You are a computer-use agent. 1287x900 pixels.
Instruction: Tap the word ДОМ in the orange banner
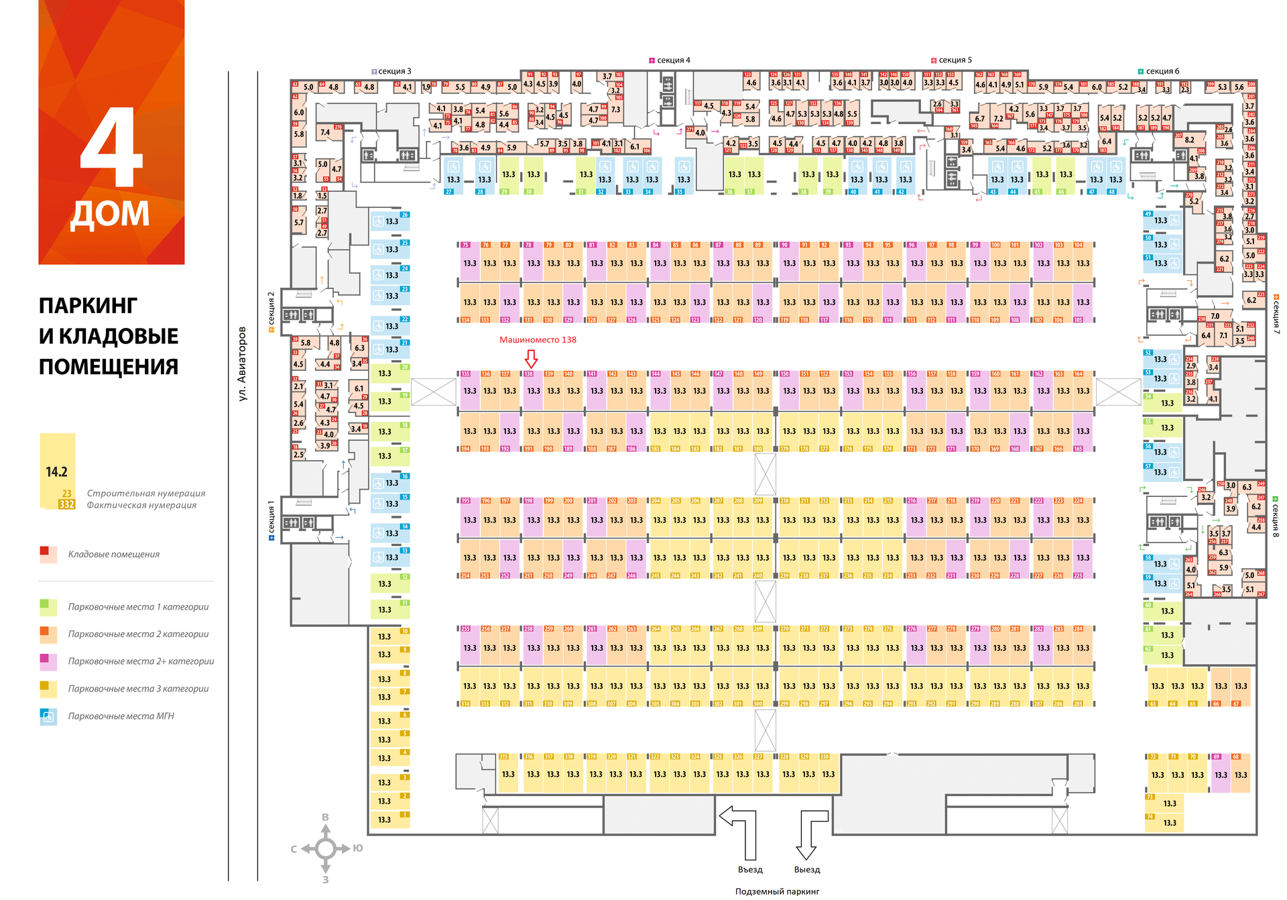tap(110, 214)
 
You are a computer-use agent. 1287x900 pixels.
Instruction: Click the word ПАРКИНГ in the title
tap(88, 306)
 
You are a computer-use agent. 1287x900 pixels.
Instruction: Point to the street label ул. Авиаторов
tap(242, 363)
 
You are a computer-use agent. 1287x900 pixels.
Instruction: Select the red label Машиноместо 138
tap(538, 340)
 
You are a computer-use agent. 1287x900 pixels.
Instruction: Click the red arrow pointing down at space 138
tap(531, 357)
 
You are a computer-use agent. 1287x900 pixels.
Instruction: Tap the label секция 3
tap(394, 71)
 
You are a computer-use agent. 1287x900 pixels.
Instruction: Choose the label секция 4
tap(673, 60)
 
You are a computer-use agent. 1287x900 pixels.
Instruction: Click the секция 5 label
tap(955, 60)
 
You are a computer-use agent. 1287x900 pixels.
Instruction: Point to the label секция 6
tap(1162, 71)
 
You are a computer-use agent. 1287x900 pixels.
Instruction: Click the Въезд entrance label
tap(750, 870)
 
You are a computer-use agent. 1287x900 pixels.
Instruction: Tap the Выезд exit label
tap(807, 870)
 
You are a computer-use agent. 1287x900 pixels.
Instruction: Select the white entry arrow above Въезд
tap(741, 828)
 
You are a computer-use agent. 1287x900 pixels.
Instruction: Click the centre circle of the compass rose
tap(326, 848)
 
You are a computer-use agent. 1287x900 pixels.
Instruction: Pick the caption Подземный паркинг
tap(777, 891)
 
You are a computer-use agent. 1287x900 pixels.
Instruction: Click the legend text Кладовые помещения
tap(114, 555)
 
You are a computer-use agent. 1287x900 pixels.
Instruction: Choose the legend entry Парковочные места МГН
tap(121, 716)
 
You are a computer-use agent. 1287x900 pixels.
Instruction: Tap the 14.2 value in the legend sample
tap(57, 472)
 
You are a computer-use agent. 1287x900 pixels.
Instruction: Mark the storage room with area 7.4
tap(325, 133)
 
